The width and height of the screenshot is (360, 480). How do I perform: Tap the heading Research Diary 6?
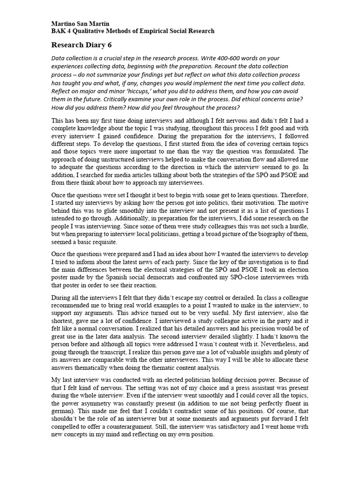click(82, 45)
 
